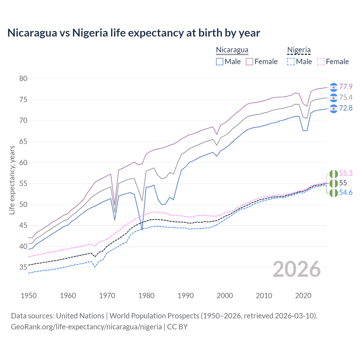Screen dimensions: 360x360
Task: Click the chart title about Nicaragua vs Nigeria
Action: click(134, 33)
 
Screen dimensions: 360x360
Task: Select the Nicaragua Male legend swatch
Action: click(220, 62)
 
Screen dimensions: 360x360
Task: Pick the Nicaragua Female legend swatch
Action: click(249, 62)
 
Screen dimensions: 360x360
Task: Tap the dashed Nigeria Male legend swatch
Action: click(291, 62)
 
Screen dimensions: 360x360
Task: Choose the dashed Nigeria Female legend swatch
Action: click(321, 62)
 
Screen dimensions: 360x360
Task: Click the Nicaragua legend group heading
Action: click(232, 50)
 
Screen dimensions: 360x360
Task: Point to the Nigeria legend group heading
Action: click(299, 50)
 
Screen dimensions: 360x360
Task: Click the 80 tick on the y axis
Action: click(23, 79)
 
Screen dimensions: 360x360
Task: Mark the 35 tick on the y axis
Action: click(23, 267)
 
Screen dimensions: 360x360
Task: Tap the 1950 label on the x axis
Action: click(29, 296)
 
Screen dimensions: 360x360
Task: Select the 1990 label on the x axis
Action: click(186, 296)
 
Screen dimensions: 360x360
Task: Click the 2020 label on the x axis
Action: click(303, 296)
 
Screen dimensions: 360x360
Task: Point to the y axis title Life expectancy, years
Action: click(12, 180)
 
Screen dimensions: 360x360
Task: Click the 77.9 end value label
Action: click(346, 87)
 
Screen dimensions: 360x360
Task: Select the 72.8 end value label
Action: click(346, 108)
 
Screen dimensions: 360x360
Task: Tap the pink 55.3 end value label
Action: click(346, 174)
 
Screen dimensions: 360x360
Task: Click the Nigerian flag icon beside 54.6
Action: click(333, 193)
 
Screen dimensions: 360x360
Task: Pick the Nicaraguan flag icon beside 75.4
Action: click(333, 98)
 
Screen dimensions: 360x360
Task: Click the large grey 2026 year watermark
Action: click(296, 269)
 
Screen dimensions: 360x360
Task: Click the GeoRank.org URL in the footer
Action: click(86, 327)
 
